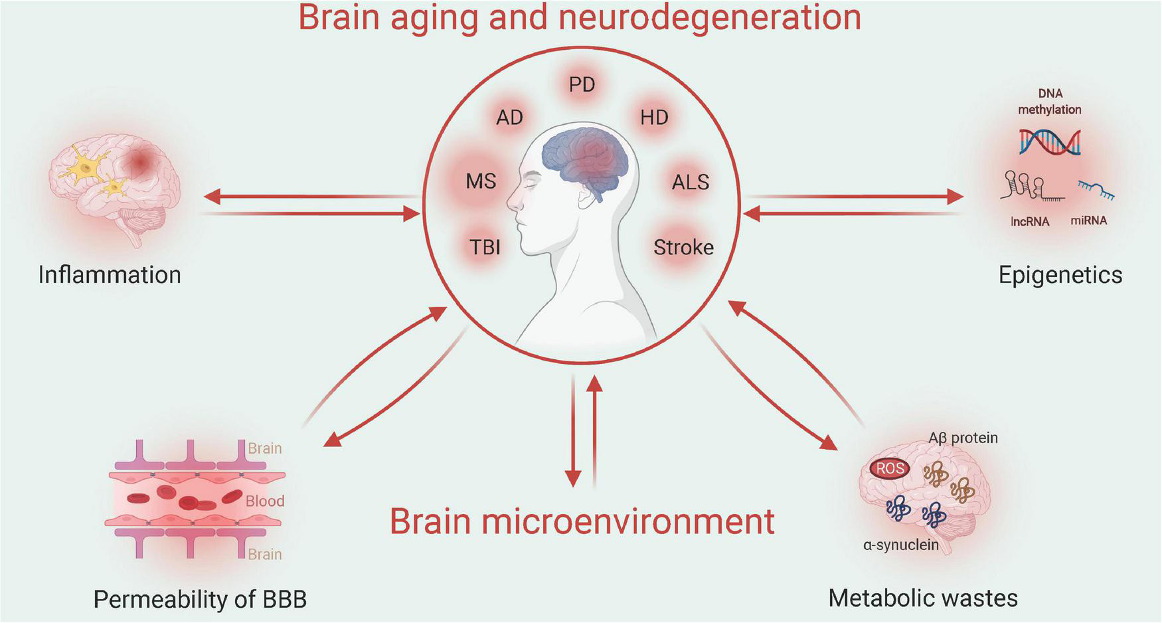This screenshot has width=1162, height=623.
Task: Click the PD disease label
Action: (x=582, y=85)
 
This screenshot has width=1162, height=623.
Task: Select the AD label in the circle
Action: (x=509, y=118)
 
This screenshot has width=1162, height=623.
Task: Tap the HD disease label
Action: (x=654, y=118)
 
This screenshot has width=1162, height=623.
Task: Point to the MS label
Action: (x=481, y=181)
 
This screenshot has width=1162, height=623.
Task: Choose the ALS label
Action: (x=691, y=182)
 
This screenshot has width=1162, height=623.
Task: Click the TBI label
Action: (x=485, y=247)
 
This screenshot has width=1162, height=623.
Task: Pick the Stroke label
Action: (x=683, y=247)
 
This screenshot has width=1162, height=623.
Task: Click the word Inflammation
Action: (x=110, y=275)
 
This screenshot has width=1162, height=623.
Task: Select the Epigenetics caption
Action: (x=1060, y=275)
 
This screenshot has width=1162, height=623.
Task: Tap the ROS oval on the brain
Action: (x=890, y=469)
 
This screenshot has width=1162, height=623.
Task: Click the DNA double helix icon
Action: (x=1050, y=141)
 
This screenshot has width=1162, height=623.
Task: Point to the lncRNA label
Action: (x=1029, y=222)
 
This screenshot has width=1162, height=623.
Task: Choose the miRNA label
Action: (x=1088, y=221)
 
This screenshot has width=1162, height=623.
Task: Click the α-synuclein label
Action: (x=900, y=545)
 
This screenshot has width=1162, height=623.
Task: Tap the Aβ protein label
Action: (x=963, y=438)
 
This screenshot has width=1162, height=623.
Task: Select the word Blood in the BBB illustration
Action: (x=264, y=501)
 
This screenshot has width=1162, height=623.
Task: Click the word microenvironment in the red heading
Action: (x=628, y=521)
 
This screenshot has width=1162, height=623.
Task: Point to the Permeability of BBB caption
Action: (x=200, y=599)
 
